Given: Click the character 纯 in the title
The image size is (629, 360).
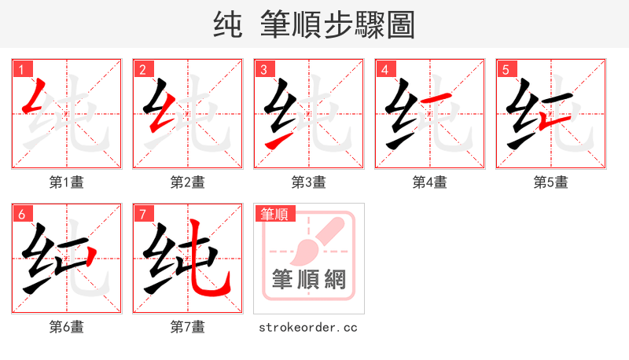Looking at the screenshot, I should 227,25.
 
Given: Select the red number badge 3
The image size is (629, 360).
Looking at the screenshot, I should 264,69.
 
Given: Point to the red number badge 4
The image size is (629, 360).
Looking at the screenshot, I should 385,69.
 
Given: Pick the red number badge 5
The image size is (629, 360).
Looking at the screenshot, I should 506,69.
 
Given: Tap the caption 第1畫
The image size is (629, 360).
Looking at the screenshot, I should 67,182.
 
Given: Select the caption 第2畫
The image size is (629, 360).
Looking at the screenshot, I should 188,182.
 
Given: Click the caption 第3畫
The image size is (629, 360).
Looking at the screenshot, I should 309,182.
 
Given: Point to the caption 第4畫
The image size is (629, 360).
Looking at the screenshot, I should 430,182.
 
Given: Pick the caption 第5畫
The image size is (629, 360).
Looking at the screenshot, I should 551,182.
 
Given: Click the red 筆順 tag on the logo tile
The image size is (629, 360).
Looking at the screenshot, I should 274,214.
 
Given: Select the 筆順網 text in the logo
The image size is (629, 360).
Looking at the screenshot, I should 309,279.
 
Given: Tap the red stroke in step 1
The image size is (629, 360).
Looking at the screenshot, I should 35,97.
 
